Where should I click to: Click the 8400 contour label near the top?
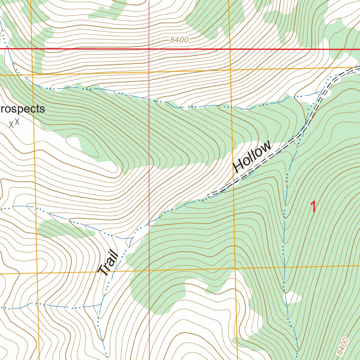[x=179, y=40]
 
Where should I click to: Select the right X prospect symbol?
[x=17, y=122]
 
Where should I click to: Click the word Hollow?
[x=252, y=156]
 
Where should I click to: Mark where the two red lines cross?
[x=149, y=49]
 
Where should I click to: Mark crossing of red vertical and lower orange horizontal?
[x=149, y=271]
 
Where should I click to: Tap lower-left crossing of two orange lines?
[x=37, y=273]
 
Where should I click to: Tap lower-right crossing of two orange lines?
[x=234, y=268]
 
